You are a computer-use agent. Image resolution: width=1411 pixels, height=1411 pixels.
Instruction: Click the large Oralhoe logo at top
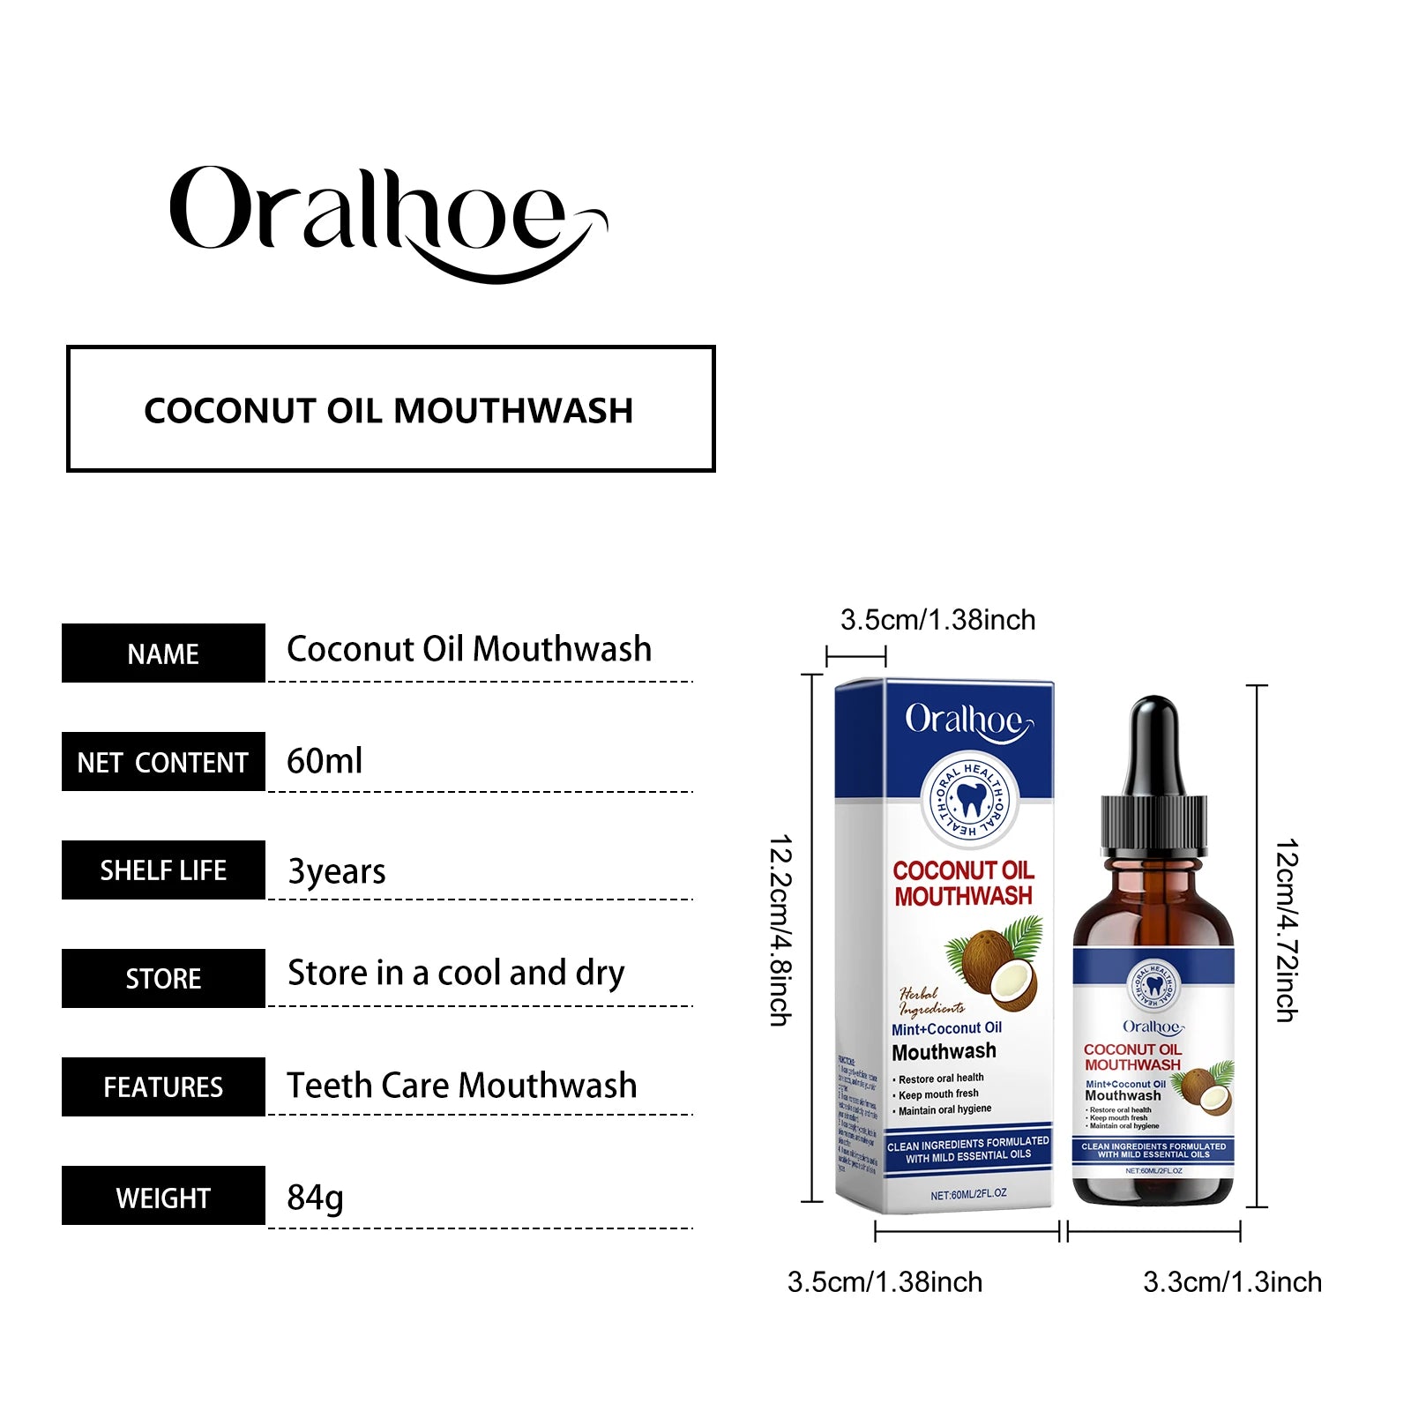[x=388, y=220]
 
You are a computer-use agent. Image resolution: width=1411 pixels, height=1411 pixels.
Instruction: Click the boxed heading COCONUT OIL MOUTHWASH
[x=390, y=409]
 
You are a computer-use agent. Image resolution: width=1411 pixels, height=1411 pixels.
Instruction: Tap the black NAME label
[x=163, y=653]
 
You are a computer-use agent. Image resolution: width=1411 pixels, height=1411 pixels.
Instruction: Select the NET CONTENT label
[x=163, y=762]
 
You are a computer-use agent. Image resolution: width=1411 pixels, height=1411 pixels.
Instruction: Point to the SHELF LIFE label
[x=163, y=870]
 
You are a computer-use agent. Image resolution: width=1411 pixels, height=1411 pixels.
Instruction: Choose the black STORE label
[x=163, y=979]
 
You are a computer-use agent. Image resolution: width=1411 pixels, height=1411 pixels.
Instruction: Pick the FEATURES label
[x=163, y=1087]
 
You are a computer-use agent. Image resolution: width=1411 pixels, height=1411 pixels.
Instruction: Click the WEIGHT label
[x=163, y=1197]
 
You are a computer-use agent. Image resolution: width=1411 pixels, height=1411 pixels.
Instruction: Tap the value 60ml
[x=325, y=760]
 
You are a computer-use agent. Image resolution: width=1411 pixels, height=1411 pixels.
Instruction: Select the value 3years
[x=337, y=871]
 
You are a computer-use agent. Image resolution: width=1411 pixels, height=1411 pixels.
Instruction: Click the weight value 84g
[x=315, y=1198]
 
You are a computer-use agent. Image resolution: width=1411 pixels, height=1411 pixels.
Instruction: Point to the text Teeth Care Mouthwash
[x=461, y=1085]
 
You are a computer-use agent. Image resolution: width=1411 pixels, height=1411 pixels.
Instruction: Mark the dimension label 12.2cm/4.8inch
[x=781, y=930]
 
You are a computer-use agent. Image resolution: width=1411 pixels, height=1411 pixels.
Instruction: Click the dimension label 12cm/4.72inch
[x=1287, y=930]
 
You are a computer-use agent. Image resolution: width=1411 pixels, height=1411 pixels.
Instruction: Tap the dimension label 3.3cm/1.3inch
[x=1232, y=1281]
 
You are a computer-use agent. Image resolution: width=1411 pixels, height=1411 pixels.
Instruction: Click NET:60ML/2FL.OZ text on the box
[x=968, y=1194]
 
